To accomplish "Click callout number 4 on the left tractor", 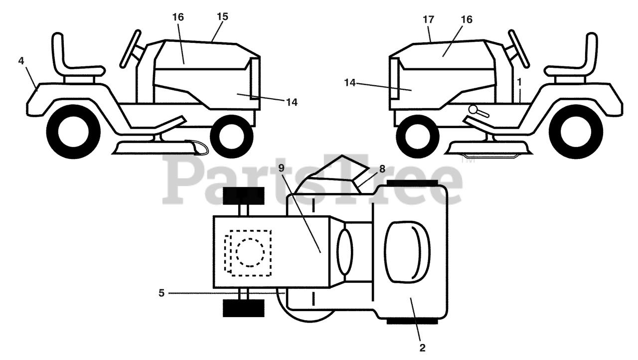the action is click(21, 61).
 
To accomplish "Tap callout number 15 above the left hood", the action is click(222, 16).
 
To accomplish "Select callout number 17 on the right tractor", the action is click(428, 19).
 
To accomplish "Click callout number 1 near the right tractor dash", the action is click(519, 80).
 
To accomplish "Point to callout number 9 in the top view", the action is click(282, 168).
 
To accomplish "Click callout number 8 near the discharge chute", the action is click(382, 169).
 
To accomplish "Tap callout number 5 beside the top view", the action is click(161, 293).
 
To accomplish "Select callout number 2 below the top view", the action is click(422, 348).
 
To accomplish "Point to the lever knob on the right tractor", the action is click(472, 109).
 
